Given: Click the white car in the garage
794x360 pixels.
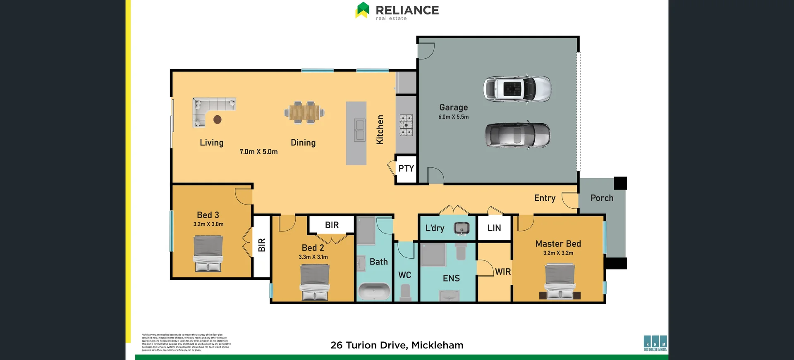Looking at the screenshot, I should (x=517, y=89).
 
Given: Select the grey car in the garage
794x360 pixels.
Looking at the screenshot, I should (x=517, y=135).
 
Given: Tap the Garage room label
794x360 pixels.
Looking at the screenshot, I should (x=453, y=107).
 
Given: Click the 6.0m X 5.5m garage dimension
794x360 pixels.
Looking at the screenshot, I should (x=453, y=117).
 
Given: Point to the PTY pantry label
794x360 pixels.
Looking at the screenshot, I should (x=406, y=169).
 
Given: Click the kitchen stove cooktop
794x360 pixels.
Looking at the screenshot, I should (x=406, y=125).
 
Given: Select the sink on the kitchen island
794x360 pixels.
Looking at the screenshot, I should (x=359, y=130).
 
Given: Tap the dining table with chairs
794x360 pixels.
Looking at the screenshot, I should (x=304, y=112).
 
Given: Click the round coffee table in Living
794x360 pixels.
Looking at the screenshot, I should (x=218, y=120).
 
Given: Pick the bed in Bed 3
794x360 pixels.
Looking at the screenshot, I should (x=208, y=253).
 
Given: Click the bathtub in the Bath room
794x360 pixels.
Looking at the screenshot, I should (x=374, y=291).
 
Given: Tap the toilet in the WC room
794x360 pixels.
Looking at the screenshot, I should (x=405, y=292).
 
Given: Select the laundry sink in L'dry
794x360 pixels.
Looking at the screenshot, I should (x=462, y=228).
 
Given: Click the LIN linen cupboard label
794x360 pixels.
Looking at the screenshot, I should (x=494, y=228).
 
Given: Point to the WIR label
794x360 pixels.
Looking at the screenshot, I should (x=503, y=272).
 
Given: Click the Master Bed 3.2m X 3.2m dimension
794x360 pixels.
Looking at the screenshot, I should (x=558, y=253).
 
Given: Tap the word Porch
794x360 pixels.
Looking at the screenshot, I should (x=602, y=198).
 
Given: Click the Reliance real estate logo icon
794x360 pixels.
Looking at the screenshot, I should (x=362, y=10).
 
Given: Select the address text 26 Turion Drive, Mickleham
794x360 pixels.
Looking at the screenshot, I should (x=397, y=345).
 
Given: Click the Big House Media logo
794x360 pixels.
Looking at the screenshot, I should (x=655, y=343).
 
